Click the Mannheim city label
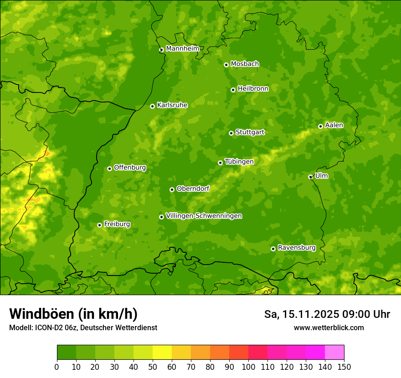(182, 49)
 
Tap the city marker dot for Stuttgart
(231, 133)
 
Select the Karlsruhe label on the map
(172, 105)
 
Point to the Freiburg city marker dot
(99, 225)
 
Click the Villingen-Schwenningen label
(204, 216)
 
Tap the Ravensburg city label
(296, 248)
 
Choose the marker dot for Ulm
(310, 177)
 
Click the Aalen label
(334, 125)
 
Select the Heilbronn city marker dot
(233, 90)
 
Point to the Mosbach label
(244, 64)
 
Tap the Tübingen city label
(239, 162)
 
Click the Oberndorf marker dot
(172, 189)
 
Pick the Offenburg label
(129, 168)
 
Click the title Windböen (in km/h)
(73, 314)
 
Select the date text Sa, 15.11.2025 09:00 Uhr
(327, 314)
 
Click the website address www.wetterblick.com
(329, 327)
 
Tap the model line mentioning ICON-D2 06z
(83, 327)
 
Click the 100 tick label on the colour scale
(248, 367)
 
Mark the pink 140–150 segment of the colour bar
(334, 352)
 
